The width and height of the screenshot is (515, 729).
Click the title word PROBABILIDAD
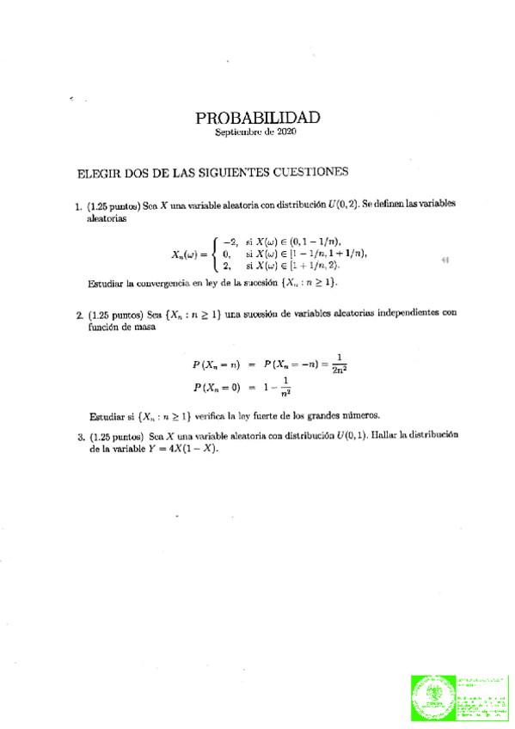click(257, 118)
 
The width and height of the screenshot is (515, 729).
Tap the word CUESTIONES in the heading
click(307, 171)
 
